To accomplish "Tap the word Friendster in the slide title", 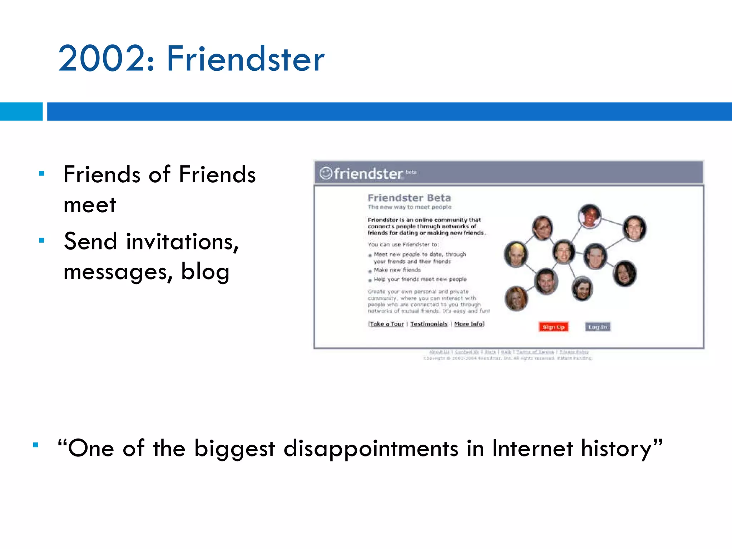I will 246,59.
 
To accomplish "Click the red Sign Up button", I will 553,327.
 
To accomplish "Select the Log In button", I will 598,327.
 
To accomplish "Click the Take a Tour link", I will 387,324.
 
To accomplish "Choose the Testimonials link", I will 429,324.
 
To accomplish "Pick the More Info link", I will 469,324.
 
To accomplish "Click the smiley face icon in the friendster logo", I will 326,173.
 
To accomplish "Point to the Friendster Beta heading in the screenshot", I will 409,198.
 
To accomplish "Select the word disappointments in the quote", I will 371,449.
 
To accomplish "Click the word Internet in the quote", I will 533,448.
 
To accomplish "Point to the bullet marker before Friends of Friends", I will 41,174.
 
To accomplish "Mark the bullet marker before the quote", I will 35,445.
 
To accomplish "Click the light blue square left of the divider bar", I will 21,112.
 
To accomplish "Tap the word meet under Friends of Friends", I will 90,205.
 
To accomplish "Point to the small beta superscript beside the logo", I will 411,172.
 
